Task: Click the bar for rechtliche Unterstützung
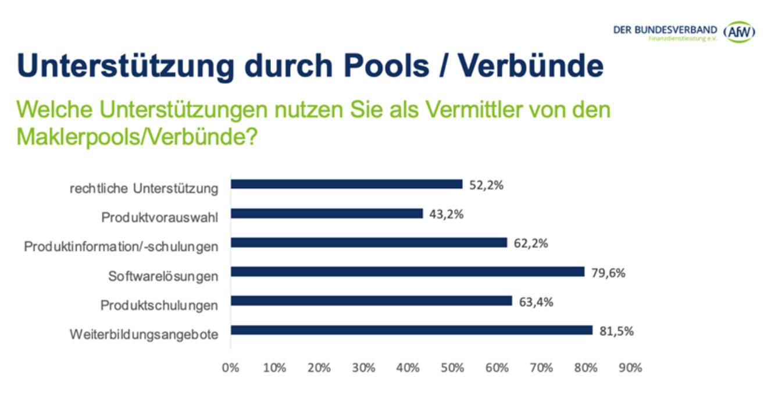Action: tap(347, 184)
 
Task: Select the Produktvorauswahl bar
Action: tap(327, 213)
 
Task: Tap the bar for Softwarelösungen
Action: tap(407, 271)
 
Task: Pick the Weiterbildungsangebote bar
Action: tap(411, 330)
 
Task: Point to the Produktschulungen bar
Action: tap(371, 301)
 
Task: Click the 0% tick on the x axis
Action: tap(231, 368)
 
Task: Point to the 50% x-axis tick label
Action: tap(452, 368)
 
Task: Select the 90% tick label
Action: tap(630, 368)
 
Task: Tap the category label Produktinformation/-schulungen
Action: tap(121, 247)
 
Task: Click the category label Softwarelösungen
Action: tap(163, 276)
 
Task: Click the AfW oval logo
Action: tap(738, 31)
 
